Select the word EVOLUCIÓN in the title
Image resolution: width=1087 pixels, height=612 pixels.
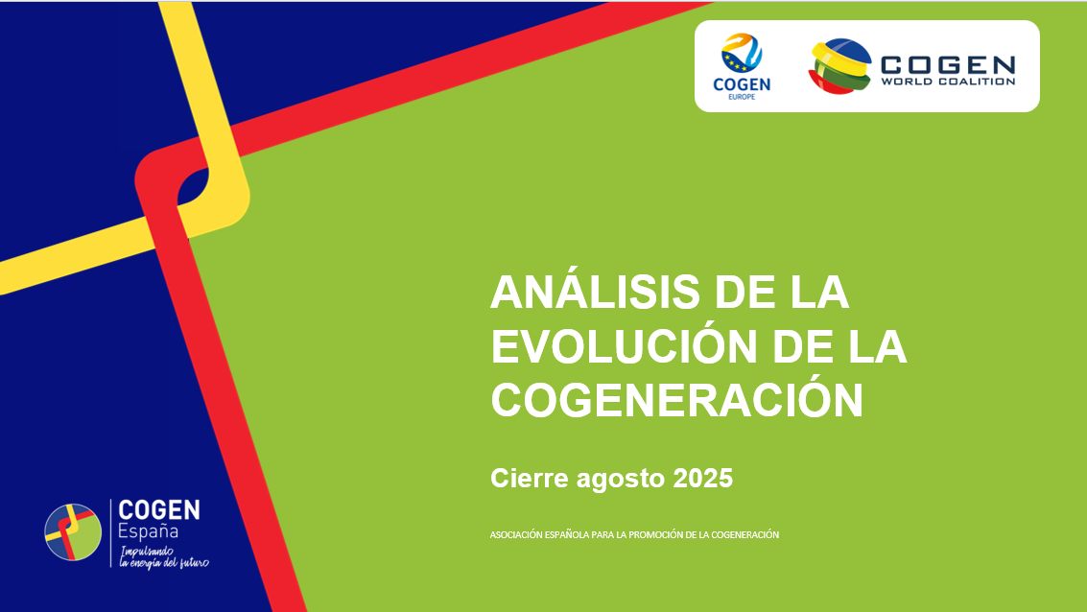coord(624,345)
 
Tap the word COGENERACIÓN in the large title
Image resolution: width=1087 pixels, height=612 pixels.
coord(676,400)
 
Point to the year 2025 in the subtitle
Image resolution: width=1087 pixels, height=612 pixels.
coord(703,478)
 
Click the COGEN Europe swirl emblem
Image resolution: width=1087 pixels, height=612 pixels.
coord(741,53)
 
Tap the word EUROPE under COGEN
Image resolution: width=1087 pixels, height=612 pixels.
coord(742,96)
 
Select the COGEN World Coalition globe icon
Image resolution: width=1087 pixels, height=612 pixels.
coord(839,66)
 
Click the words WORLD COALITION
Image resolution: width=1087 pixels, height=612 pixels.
coord(948,82)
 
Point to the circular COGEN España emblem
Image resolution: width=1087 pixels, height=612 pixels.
coord(73,532)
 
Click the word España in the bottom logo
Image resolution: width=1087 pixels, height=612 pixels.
coord(148,531)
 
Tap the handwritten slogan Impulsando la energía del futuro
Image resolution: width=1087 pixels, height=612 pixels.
coord(164,556)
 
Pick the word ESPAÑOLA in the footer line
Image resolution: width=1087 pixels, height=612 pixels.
coord(567,534)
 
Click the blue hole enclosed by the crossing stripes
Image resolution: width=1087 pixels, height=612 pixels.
coord(192,186)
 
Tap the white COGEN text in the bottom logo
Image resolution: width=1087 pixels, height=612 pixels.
coord(158,510)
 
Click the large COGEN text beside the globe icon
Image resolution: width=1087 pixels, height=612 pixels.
coord(948,64)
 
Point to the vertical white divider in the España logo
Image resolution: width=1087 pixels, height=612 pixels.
coord(111,533)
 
